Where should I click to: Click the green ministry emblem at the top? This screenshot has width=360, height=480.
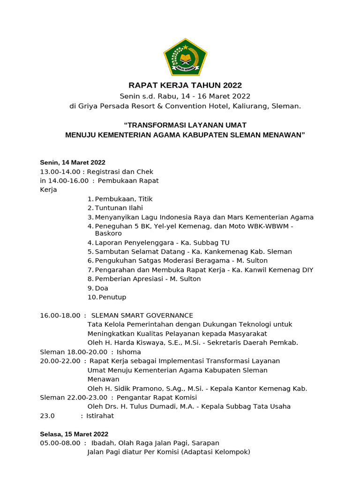click(x=185, y=57)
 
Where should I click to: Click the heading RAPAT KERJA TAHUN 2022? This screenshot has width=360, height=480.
click(x=185, y=85)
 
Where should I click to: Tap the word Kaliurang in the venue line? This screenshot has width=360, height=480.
click(x=249, y=106)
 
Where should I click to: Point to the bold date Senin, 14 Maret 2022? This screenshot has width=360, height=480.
click(x=73, y=163)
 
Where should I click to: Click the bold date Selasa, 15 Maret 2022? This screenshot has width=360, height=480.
click(x=74, y=434)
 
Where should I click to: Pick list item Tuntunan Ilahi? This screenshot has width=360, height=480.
click(x=119, y=208)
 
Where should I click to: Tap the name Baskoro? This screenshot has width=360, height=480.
click(x=108, y=233)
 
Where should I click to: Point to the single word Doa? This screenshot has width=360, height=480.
click(x=101, y=288)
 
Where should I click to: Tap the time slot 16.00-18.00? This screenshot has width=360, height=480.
click(x=60, y=315)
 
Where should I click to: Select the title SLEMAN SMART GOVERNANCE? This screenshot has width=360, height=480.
click(x=142, y=315)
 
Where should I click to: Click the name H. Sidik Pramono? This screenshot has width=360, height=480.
click(x=124, y=388)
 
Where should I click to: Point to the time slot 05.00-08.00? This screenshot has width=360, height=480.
click(x=60, y=443)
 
